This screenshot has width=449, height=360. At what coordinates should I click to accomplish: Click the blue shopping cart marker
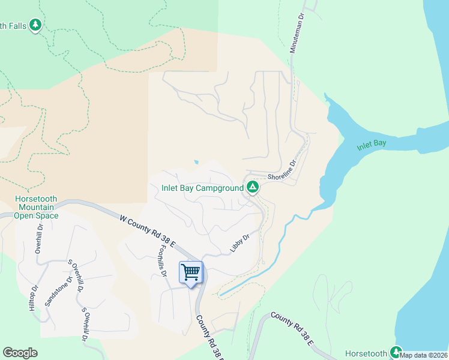pyautogui.click(x=191, y=273)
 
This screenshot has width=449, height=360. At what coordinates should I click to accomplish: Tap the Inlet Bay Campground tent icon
pyautogui.click(x=253, y=188)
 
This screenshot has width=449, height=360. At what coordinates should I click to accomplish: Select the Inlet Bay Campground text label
pyautogui.click(x=202, y=188)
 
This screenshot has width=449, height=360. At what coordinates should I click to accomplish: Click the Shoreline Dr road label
pyautogui.click(x=282, y=170)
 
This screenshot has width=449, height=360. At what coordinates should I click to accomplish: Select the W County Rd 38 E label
pyautogui.click(x=146, y=232)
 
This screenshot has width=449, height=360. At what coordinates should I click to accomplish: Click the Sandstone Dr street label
pyautogui.click(x=58, y=287)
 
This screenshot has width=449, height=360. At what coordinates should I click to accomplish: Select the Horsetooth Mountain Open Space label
pyautogui.click(x=37, y=208)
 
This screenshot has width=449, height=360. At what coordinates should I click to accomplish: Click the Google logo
pyautogui.click(x=20, y=353)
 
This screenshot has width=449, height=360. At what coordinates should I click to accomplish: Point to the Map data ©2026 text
pyautogui.click(x=424, y=355)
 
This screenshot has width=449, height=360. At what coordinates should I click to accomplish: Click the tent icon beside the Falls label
pyautogui.click(x=37, y=25)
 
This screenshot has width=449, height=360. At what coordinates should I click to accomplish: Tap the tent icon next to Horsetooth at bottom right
pyautogui.click(x=396, y=352)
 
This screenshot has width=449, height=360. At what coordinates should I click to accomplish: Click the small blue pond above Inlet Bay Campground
pyautogui.click(x=195, y=162)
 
